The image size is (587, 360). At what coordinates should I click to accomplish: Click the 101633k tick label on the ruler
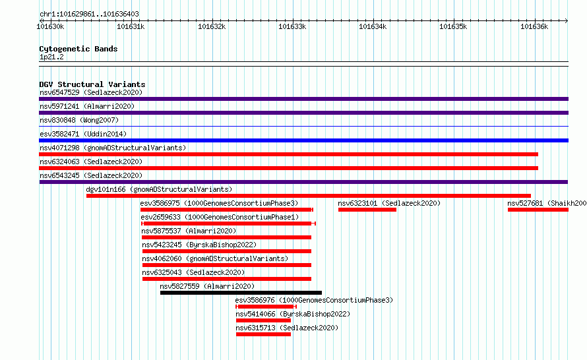tap(292, 26)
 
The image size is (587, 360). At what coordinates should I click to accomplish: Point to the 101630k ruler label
tap(50, 26)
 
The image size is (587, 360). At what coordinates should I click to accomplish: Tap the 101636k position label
tap(534, 26)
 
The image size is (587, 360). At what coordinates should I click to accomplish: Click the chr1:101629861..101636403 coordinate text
tap(89, 14)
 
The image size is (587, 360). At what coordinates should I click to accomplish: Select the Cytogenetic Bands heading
tap(78, 49)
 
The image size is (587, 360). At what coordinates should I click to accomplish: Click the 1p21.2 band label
tap(51, 57)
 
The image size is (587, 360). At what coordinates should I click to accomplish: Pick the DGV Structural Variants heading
tap(92, 84)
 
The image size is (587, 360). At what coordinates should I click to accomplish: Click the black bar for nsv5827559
tap(241, 293)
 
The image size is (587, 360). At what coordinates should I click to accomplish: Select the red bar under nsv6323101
tap(367, 210)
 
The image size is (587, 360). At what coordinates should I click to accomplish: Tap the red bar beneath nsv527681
tap(538, 210)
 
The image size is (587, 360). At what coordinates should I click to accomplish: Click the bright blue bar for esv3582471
tap(303, 140)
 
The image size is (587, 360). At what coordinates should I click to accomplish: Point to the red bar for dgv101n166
tap(309, 196)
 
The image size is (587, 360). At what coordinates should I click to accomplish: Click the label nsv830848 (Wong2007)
tap(79, 120)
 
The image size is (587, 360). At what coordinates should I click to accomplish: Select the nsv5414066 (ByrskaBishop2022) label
tap(293, 314)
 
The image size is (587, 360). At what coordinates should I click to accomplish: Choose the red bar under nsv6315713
tap(263, 334)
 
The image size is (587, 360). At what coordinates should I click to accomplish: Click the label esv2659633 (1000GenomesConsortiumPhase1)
tap(220, 217)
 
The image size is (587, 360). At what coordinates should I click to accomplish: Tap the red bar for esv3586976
tap(266, 307)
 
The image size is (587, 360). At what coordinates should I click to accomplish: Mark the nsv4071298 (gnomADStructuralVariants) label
tap(113, 148)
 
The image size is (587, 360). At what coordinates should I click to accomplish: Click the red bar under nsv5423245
tap(226, 251)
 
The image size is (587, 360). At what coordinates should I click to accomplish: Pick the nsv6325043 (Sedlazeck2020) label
tap(193, 272)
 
